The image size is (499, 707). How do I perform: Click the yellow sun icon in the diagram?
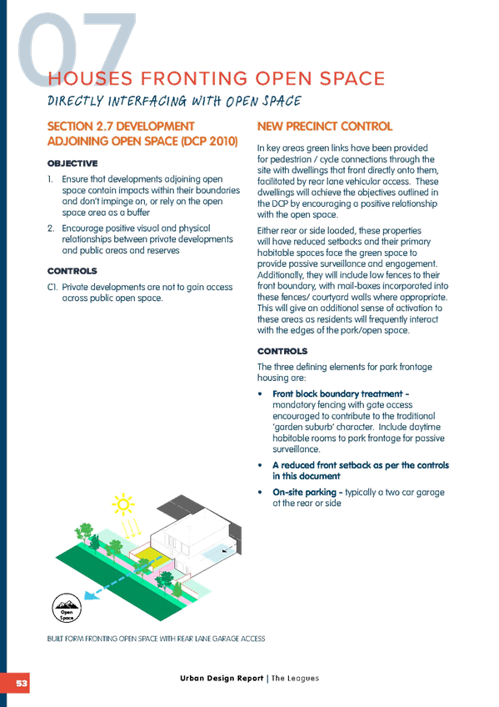coord(123,504)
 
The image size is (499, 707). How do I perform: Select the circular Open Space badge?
coord(67,609)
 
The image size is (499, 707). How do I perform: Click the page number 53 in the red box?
coord(21,683)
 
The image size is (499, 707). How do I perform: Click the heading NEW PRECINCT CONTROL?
coord(325,126)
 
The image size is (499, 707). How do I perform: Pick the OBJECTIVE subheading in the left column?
coord(72,163)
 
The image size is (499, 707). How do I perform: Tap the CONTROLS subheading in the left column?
coord(72,271)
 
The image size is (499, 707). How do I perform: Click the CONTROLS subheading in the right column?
coord(282,351)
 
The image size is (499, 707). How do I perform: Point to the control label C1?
coord(52,287)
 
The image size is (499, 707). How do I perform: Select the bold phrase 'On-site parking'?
coord(304,492)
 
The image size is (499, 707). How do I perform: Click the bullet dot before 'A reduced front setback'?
coord(260,465)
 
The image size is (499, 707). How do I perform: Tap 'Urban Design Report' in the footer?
coord(222,678)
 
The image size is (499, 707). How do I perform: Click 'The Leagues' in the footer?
coord(295,678)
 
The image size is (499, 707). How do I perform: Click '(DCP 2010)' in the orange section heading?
coord(209,141)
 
